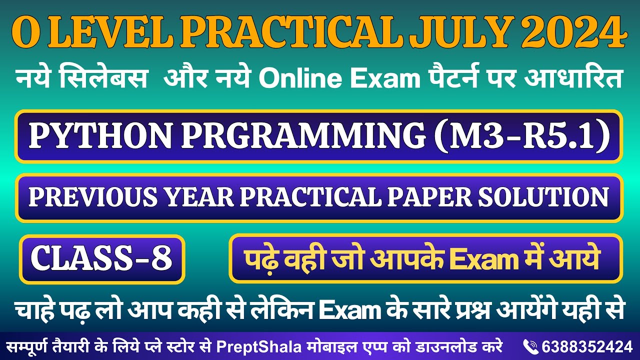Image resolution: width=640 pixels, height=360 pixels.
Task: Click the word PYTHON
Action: pyautogui.click(x=98, y=136)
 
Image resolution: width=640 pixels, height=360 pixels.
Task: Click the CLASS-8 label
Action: pyautogui.click(x=102, y=259)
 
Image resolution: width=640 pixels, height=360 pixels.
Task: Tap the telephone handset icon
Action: pyautogui.click(x=529, y=346)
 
